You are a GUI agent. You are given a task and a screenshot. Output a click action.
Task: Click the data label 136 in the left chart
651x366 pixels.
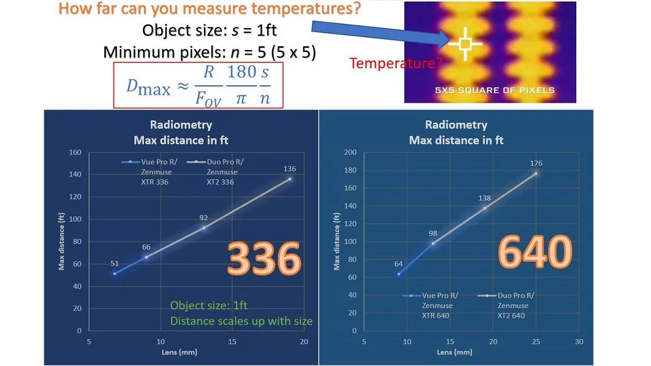(289, 169)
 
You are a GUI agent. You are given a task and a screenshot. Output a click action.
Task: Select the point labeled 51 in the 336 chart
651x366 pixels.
(115, 273)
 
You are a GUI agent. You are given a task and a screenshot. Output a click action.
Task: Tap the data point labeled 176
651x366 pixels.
(536, 174)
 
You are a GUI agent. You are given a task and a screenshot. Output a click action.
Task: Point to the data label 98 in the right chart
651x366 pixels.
(433, 233)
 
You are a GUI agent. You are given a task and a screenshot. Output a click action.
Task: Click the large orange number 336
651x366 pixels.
(264, 258)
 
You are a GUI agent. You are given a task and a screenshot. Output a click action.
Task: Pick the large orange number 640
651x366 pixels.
(535, 251)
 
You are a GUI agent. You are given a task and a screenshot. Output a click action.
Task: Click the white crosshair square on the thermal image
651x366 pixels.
(465, 44)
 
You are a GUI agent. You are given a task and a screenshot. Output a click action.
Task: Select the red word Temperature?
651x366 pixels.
(396, 63)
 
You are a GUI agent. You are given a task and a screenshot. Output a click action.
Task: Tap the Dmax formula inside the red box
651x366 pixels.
(198, 85)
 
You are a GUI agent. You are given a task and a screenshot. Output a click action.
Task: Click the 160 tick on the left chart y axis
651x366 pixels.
(75, 152)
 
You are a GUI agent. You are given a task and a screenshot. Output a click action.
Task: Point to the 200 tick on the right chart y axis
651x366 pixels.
(350, 152)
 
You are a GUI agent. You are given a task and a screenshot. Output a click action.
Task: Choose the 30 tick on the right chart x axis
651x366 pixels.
(579, 342)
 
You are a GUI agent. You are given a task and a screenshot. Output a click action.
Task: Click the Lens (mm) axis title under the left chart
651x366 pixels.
(180, 352)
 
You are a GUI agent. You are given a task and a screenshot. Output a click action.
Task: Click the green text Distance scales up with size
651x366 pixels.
(241, 321)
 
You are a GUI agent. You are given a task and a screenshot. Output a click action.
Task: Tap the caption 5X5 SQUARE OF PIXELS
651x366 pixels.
(495, 90)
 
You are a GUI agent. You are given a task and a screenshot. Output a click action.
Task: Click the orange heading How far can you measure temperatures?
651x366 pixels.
(210, 8)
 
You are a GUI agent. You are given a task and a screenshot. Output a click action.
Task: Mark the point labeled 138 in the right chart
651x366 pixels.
(485, 208)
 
